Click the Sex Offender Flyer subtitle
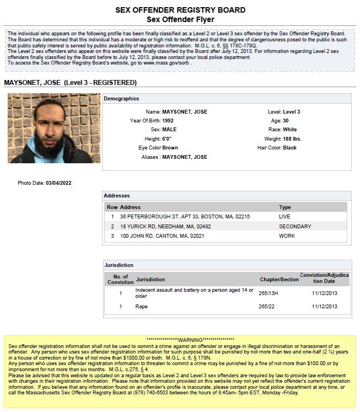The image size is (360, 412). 180,19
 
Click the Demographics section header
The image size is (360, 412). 121,99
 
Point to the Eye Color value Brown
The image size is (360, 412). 170,148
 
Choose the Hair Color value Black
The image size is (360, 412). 290,148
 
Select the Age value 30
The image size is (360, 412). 287,120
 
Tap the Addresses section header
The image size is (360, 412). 117,196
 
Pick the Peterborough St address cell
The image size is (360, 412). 185,217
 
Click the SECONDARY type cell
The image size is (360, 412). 295,226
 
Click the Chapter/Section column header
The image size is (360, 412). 279,280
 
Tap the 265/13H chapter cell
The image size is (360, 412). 268,293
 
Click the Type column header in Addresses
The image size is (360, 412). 284,207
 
